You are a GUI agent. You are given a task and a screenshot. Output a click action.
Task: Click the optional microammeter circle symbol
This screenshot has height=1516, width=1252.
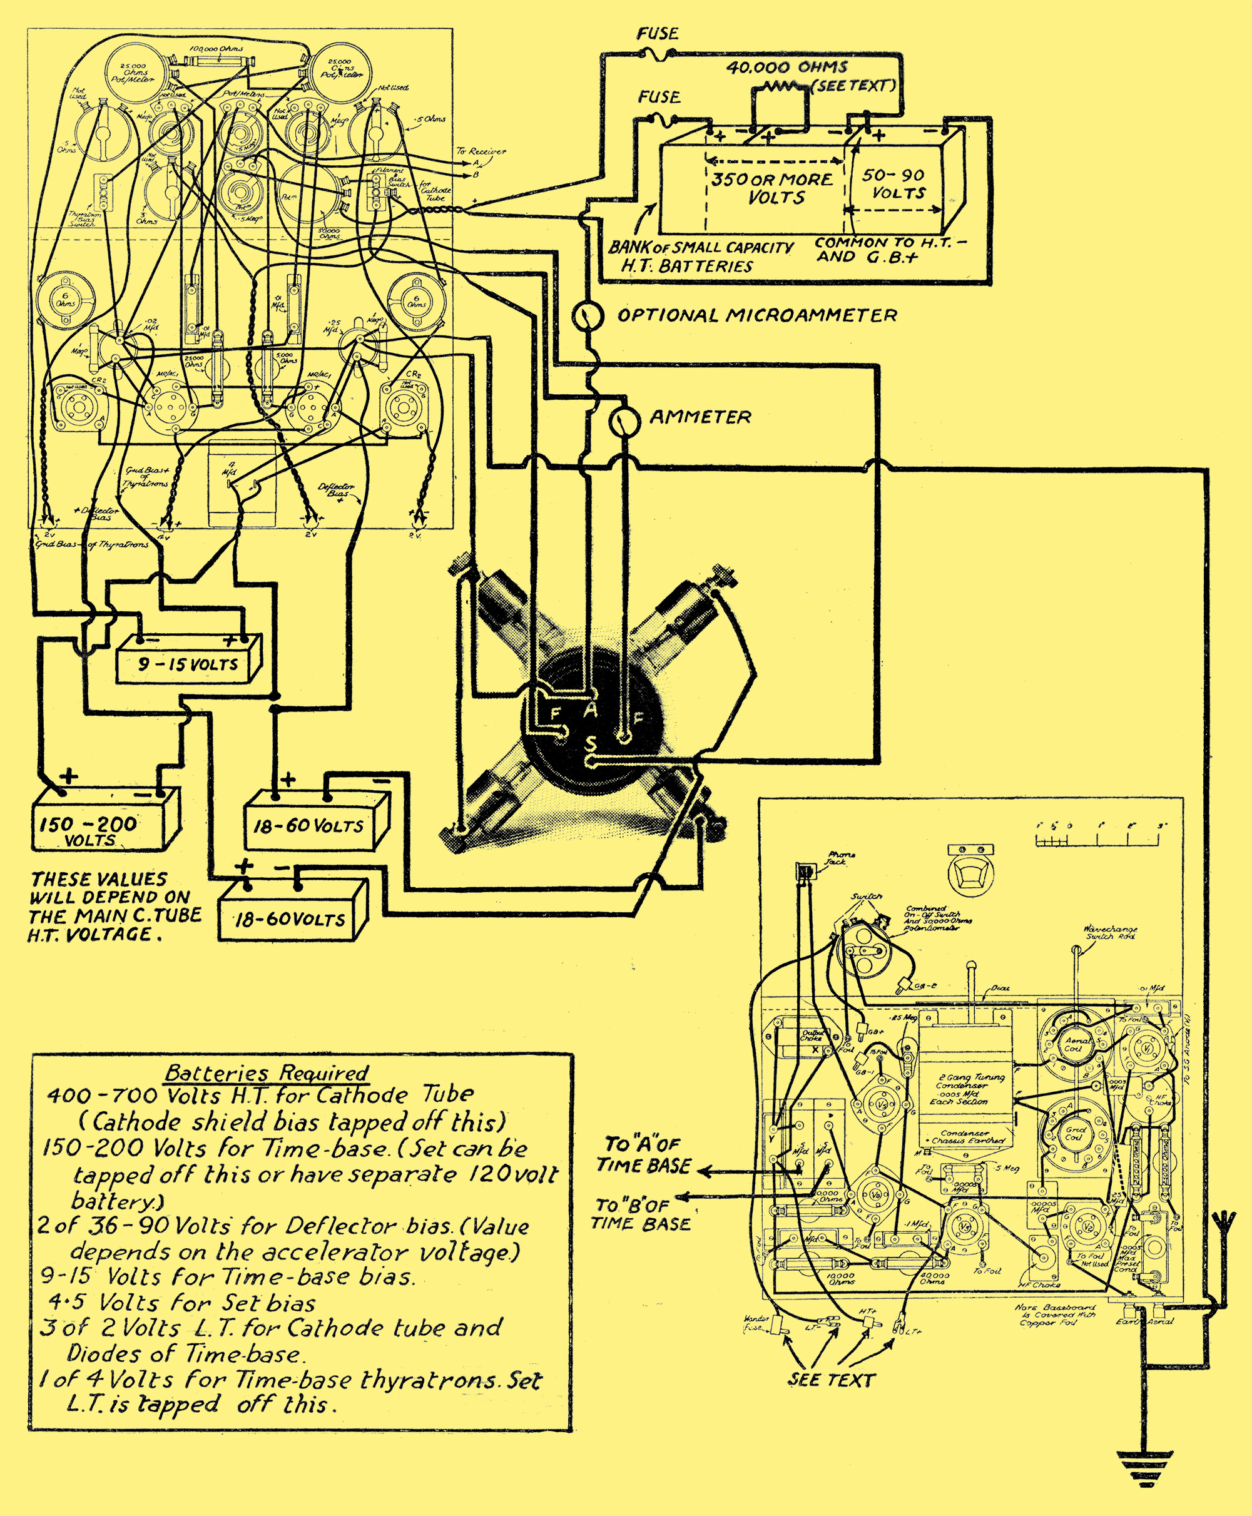click(588, 316)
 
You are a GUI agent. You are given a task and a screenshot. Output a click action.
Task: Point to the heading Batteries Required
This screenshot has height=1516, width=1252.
click(267, 1072)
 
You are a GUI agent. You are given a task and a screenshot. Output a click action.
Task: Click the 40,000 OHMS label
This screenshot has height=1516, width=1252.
click(787, 68)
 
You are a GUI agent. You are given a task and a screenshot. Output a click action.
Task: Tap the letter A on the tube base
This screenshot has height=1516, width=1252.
click(591, 710)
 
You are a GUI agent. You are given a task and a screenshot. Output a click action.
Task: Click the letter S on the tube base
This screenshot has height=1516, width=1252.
click(591, 743)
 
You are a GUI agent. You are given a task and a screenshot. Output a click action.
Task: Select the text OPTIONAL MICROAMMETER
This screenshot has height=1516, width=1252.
click(757, 315)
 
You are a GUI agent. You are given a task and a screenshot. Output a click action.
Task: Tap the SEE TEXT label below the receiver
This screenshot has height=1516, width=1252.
click(832, 1380)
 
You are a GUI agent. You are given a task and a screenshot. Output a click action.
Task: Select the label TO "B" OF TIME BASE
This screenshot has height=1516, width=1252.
click(641, 1214)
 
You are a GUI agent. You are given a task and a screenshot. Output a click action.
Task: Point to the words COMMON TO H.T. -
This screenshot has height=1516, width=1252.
click(891, 243)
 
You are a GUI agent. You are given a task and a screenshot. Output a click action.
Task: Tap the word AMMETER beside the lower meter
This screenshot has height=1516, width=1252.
click(700, 417)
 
